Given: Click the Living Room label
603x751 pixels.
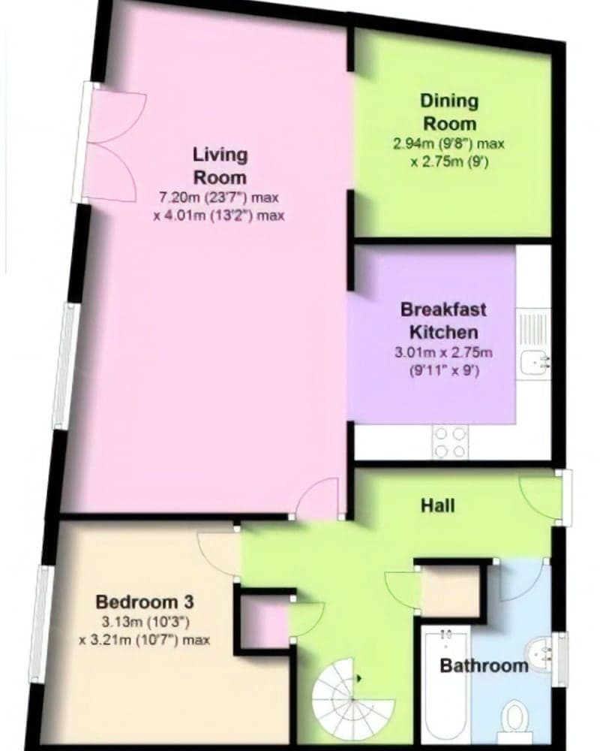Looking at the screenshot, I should pos(220,166).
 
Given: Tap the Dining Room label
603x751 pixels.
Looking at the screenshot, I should pos(449,112).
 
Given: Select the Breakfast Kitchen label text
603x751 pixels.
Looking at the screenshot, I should pos(442,320).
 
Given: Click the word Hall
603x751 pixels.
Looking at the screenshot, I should pos(437,505).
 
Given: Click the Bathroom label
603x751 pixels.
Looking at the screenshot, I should pos(484,665).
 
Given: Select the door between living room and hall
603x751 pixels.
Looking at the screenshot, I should pos(317,499).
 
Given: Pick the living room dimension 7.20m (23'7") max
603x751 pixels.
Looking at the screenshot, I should pos(218,198).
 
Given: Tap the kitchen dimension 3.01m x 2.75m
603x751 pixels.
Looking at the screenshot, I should pos(442,351).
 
